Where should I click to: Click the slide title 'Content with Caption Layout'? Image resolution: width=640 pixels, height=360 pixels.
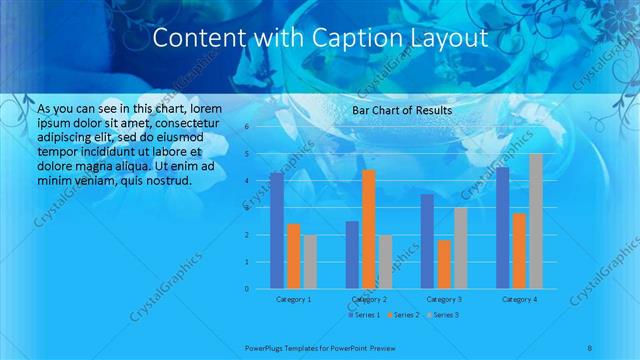[x=320, y=39]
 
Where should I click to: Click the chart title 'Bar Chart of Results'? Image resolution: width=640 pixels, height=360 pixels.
[x=402, y=110]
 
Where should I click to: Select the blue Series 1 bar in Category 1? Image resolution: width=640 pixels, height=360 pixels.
[x=276, y=231]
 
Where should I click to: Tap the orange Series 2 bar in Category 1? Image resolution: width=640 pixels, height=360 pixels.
[x=293, y=256]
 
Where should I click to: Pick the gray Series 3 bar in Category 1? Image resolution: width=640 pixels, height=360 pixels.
[x=310, y=262]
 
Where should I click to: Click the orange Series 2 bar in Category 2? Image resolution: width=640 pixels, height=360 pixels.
[x=368, y=229]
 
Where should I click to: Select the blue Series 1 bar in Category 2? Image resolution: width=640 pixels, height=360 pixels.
[x=352, y=255]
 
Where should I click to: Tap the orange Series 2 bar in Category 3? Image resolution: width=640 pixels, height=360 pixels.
[x=444, y=264]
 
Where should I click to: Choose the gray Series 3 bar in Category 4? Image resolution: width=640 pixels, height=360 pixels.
[x=536, y=221]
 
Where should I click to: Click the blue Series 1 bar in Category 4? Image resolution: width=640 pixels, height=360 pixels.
[x=503, y=228]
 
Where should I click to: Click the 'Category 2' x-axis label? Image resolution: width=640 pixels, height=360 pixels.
[x=368, y=299]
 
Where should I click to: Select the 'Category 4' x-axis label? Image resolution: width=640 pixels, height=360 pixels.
[x=519, y=299]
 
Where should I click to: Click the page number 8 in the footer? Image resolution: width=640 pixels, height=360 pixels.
[x=589, y=347]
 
